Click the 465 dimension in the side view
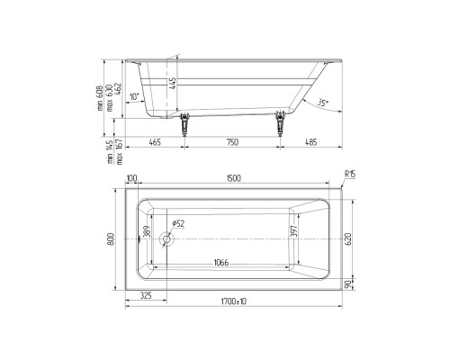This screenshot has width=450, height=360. pos(155,141)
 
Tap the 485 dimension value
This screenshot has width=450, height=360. pos(310,141)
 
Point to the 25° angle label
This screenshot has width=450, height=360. pos(323,103)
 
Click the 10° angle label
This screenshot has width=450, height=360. pos(134,96)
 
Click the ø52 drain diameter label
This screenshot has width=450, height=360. pos(176,224)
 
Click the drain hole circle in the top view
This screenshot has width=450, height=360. pos(165,240)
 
